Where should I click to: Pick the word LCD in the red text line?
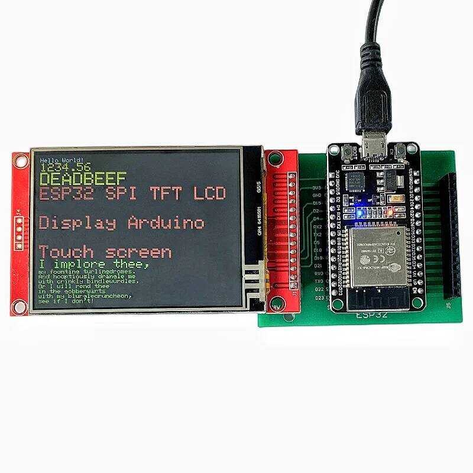(x=209, y=193)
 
